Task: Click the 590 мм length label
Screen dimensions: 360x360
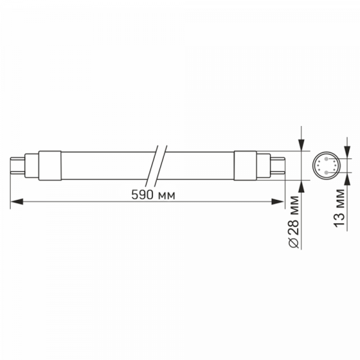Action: (x=153, y=195)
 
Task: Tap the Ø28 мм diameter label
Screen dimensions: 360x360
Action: (x=294, y=222)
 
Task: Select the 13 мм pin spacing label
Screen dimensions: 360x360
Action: (x=339, y=208)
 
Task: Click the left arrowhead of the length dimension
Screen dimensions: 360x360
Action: (x=17, y=202)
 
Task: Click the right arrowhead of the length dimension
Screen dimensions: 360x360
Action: (x=278, y=202)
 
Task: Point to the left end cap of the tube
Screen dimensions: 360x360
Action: (x=50, y=166)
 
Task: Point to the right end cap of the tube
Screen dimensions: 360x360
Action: (x=245, y=166)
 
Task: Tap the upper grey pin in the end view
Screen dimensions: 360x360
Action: (x=326, y=159)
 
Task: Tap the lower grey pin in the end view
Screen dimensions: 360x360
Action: (x=326, y=172)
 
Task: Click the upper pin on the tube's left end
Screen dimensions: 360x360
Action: (x=18, y=158)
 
